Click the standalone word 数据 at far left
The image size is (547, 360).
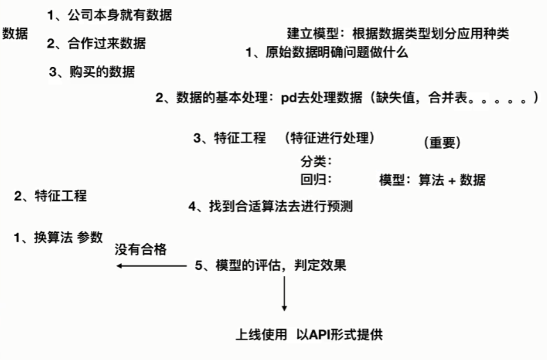pos(15,34)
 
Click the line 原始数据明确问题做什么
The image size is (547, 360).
pos(336,53)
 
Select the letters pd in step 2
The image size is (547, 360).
pos(287,98)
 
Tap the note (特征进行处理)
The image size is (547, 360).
pos(330,137)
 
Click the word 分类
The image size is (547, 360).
pos(313,162)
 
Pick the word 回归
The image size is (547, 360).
pos(313,179)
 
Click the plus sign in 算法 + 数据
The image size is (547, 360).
pos(452,180)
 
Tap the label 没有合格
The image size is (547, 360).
pos(141,250)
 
